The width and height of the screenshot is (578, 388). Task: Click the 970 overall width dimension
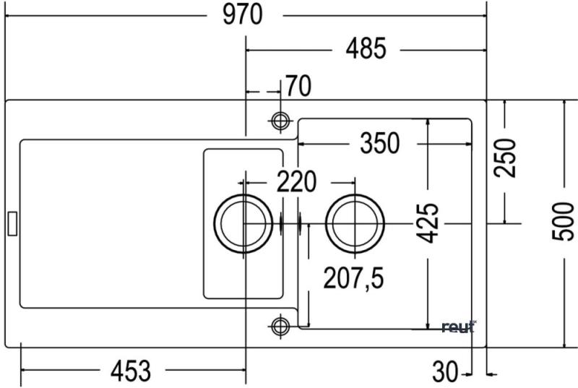pyautogui.click(x=243, y=14)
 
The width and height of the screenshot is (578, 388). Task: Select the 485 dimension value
pyautogui.click(x=366, y=48)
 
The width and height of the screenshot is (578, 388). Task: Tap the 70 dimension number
pyautogui.click(x=298, y=86)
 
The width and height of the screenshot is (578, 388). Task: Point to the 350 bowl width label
pyautogui.click(x=380, y=143)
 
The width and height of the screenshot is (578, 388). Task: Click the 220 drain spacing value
pyautogui.click(x=296, y=181)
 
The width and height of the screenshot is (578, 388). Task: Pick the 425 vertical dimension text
pyautogui.click(x=428, y=223)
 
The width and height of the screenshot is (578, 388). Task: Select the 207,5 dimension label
pyautogui.click(x=353, y=278)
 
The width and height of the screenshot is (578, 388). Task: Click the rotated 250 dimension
pyautogui.click(x=505, y=158)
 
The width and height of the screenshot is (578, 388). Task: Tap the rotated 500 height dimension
pyautogui.click(x=564, y=221)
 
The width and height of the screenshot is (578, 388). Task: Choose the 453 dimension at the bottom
pyautogui.click(x=131, y=371)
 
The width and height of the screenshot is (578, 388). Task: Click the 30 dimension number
pyautogui.click(x=445, y=371)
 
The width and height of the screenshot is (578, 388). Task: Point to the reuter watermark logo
pyautogui.click(x=459, y=327)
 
